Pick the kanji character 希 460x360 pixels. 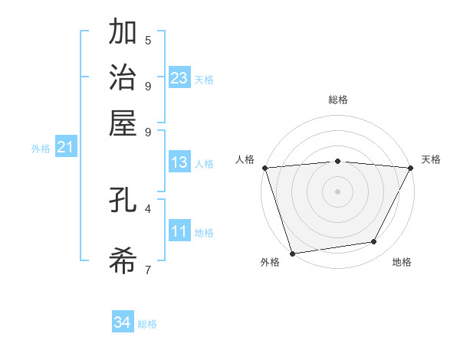point(123,261)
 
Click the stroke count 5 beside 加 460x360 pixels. point(148,40)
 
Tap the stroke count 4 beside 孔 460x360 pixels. point(148,208)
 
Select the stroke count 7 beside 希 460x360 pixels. point(148,270)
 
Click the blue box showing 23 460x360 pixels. point(179,78)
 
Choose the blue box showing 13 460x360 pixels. point(179,162)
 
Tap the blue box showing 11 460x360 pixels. point(179,231)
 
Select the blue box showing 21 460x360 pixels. point(65,147)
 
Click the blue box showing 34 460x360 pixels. point(123,322)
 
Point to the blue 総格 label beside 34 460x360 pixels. point(147,324)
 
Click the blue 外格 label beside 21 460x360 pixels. point(41,149)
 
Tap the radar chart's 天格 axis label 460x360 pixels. point(432,159)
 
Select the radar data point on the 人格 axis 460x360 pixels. point(265,168)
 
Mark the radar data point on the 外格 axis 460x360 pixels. point(293,252)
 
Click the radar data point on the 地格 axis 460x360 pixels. point(374,242)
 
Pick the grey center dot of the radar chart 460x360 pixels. point(337,191)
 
